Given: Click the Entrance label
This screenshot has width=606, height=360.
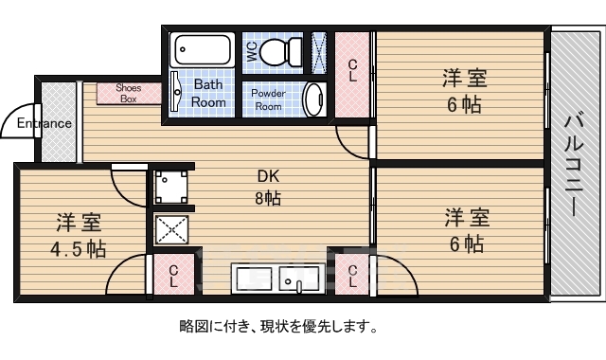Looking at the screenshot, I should click(x=43, y=123).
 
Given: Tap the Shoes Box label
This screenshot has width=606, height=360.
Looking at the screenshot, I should click(x=128, y=93).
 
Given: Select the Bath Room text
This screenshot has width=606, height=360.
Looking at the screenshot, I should click(x=209, y=93).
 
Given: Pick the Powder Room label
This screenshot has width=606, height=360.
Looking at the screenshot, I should click(x=269, y=99).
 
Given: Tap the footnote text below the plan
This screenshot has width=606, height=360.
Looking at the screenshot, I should click(x=278, y=328).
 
